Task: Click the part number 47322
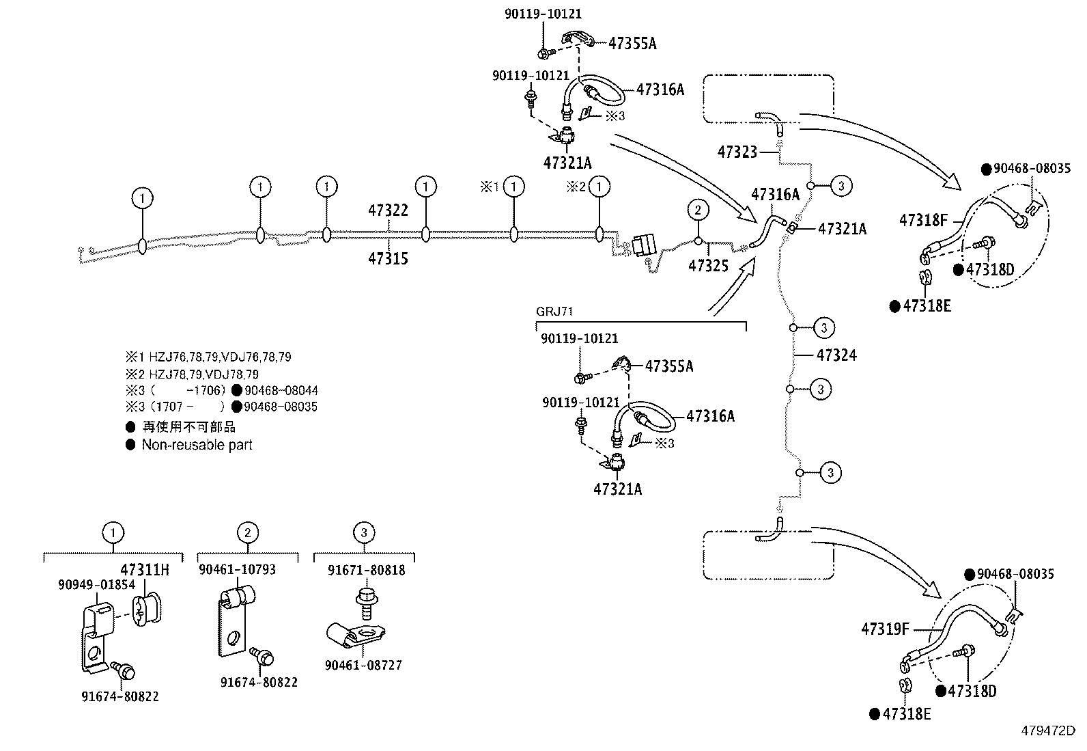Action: click(388, 210)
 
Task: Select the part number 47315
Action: click(388, 258)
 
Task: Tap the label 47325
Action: click(708, 267)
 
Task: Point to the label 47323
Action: click(737, 152)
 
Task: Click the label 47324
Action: click(836, 355)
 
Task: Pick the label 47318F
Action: click(923, 220)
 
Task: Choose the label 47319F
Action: click(886, 629)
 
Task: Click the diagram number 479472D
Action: click(1048, 730)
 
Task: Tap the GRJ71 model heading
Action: click(554, 312)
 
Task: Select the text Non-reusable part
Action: click(197, 445)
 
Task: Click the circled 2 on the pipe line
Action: click(698, 210)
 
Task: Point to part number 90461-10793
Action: click(237, 569)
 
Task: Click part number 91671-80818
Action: click(367, 570)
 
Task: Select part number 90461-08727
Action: click(363, 665)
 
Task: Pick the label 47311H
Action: click(144, 569)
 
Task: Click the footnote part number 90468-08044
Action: click(281, 391)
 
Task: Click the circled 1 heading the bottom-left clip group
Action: click(113, 533)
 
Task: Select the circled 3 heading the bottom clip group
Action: click(364, 533)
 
